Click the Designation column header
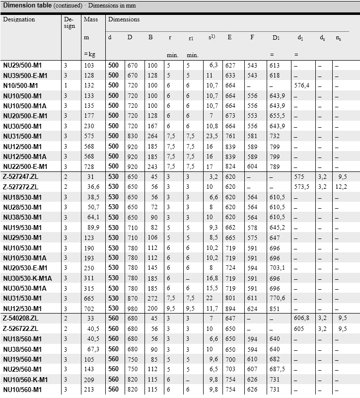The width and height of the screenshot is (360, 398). (19, 19)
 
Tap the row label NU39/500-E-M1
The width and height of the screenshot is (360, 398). (25, 76)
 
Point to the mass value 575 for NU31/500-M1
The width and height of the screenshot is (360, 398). (89, 136)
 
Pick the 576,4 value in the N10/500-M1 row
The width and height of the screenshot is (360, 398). (302, 85)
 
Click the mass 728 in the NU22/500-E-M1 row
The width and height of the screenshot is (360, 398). (89, 166)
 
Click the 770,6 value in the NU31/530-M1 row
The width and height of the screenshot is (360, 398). (277, 299)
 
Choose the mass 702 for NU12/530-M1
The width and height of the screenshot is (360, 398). (89, 309)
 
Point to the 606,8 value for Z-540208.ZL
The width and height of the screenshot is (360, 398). (301, 318)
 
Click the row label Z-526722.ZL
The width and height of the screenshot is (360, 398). (20, 329)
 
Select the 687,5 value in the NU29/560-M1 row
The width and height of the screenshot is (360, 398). (277, 369)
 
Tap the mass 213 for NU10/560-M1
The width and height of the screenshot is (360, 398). (89, 390)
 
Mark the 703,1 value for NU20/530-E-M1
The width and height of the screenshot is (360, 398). (277, 268)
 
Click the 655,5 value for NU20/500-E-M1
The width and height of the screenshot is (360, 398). (277, 116)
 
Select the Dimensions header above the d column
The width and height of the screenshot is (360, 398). (124, 19)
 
